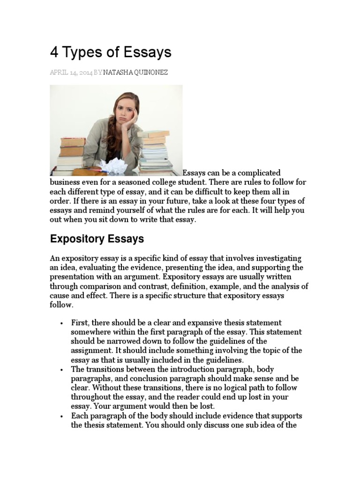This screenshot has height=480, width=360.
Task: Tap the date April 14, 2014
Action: pyautogui.click(x=71, y=73)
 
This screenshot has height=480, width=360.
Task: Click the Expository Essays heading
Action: pyautogui.click(x=97, y=239)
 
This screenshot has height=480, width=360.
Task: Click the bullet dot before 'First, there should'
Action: pyautogui.click(x=61, y=323)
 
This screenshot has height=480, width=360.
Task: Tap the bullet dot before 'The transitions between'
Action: pyautogui.click(x=61, y=370)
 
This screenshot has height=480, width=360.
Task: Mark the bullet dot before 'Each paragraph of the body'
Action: pyautogui.click(x=61, y=416)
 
